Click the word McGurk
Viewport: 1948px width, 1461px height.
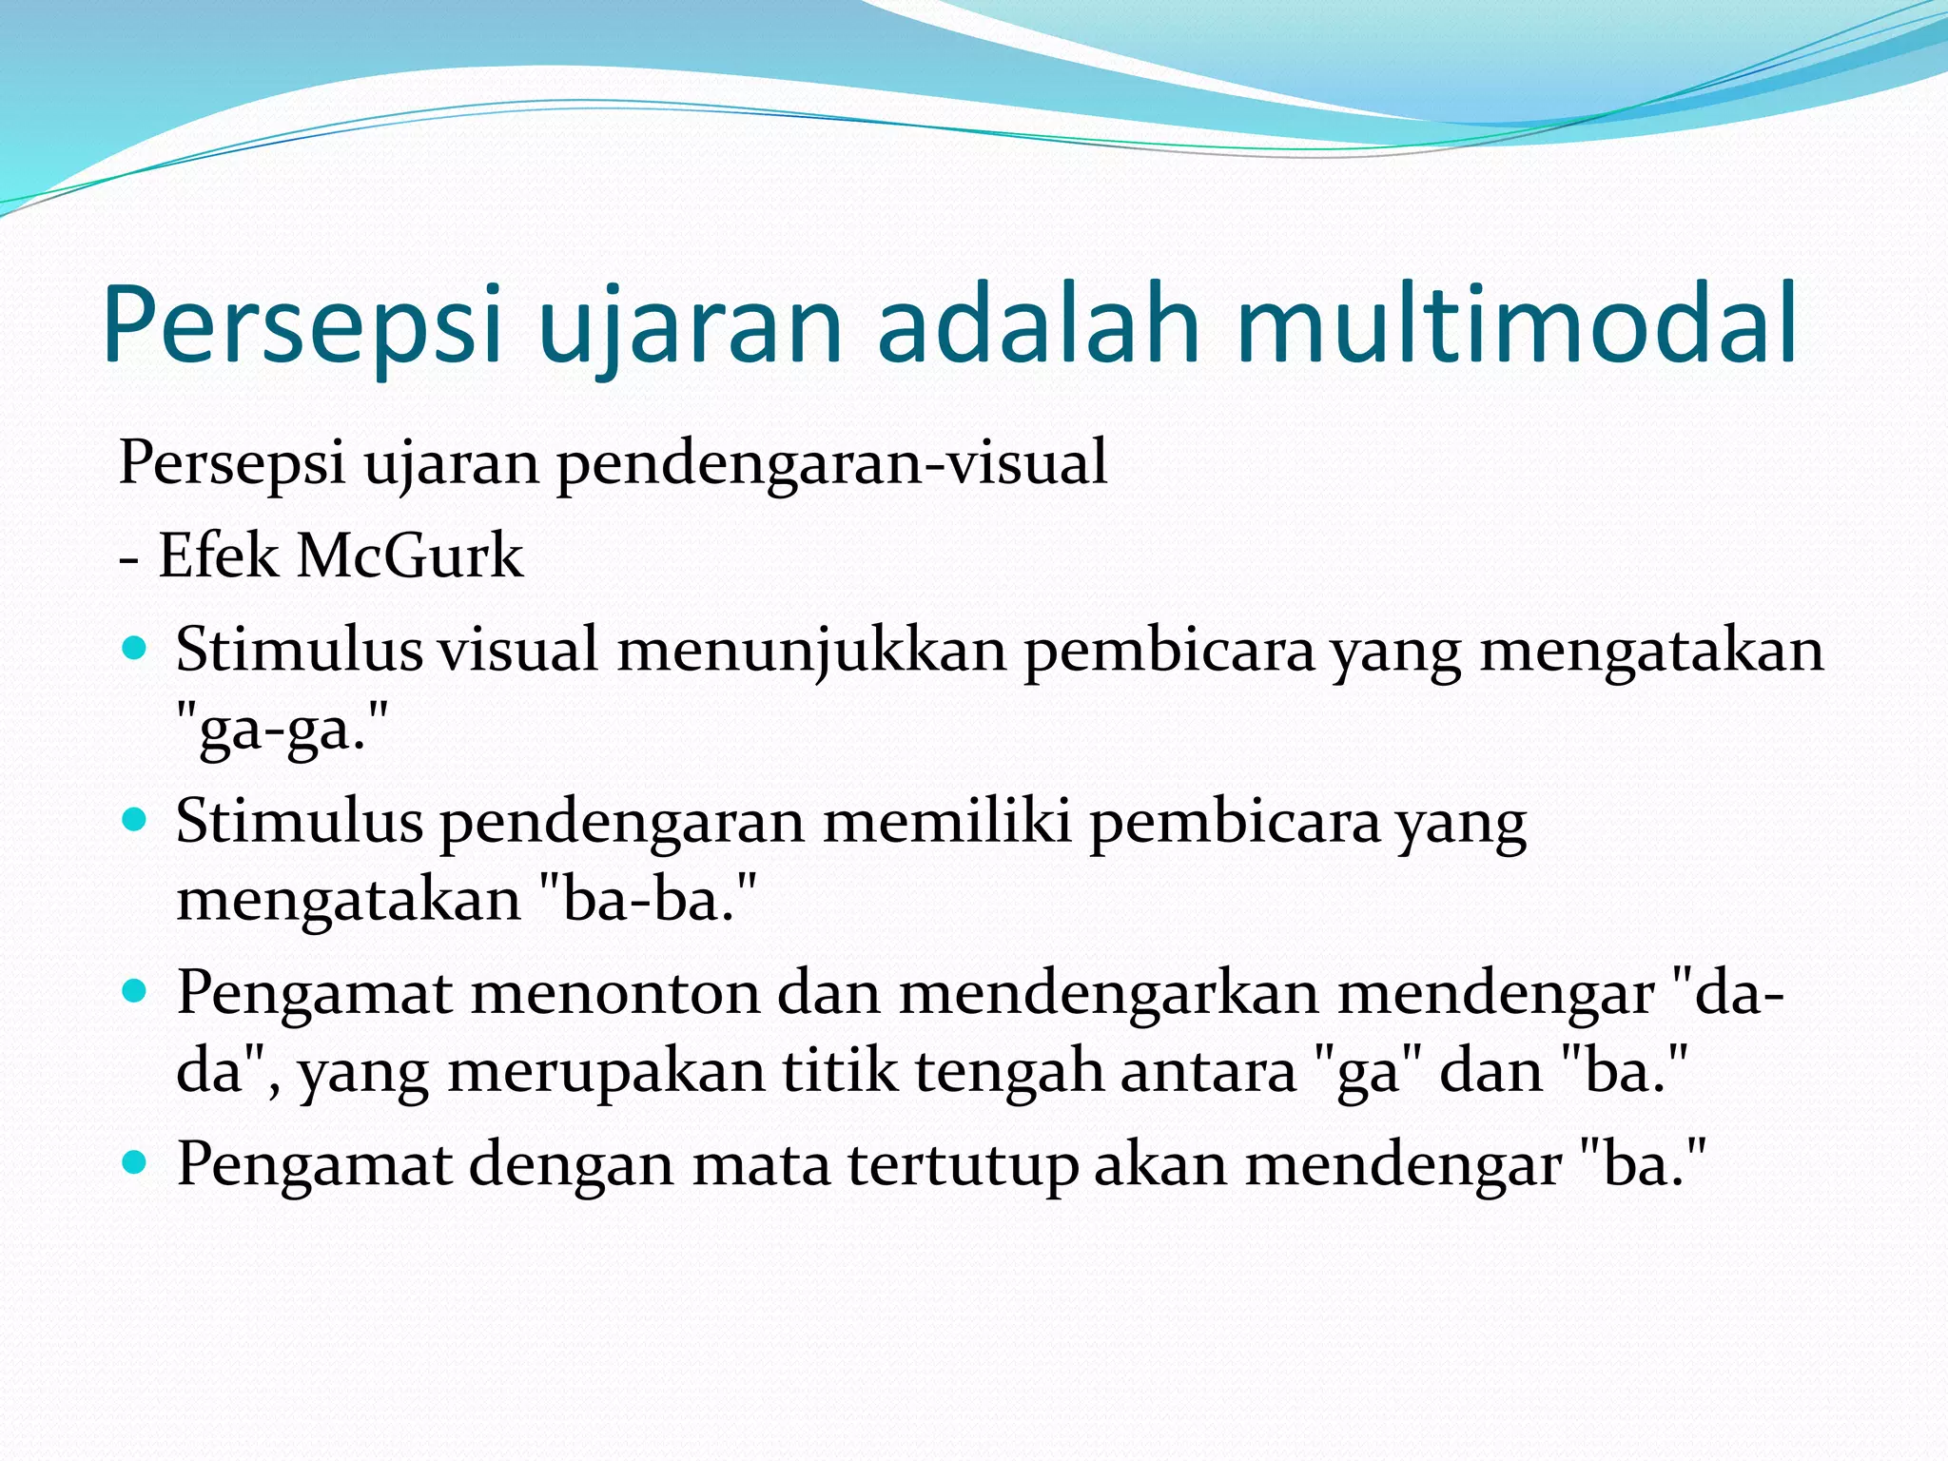tap(409, 555)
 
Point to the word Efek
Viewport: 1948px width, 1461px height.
tap(219, 555)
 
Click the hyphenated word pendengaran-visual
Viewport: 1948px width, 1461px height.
tap(831, 463)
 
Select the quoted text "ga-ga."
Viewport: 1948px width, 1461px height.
tap(283, 730)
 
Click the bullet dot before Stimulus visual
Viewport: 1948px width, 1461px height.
tap(136, 650)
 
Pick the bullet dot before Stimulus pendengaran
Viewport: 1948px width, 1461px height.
tap(136, 820)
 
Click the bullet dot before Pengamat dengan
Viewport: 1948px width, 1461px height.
tap(136, 1161)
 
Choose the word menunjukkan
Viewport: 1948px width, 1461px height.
tap(811, 652)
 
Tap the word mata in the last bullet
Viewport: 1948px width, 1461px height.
tap(761, 1163)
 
